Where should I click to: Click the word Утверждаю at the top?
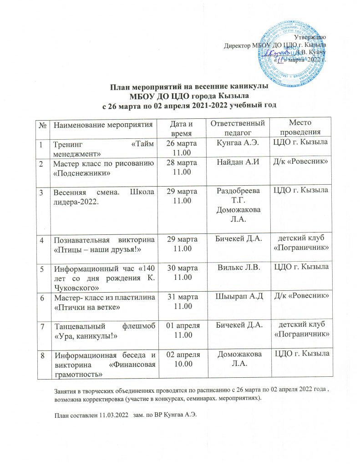click(309, 37)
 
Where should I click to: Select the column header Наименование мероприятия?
click(102, 124)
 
